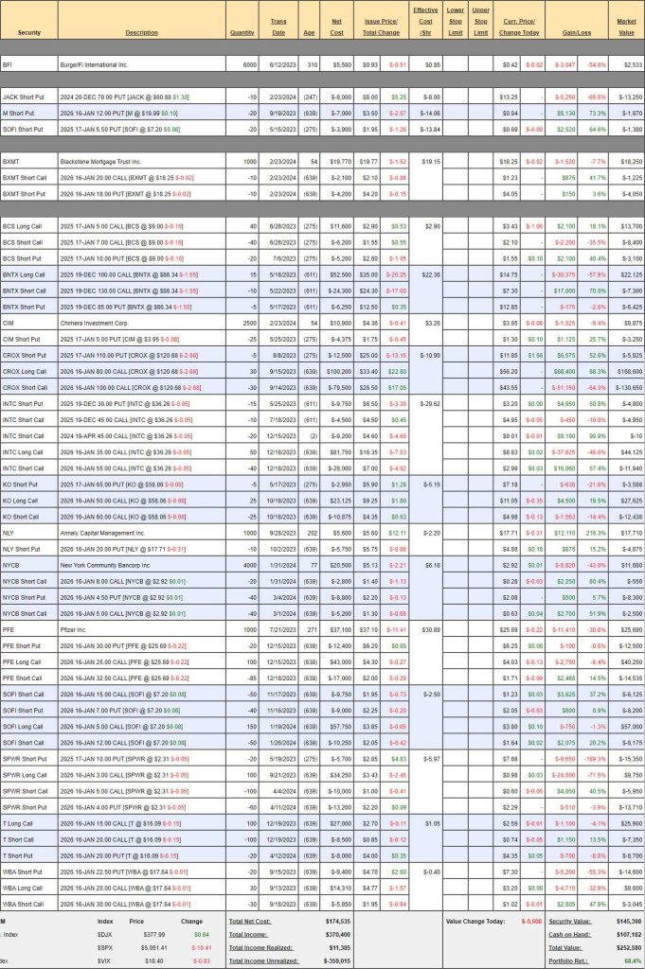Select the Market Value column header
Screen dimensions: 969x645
[x=626, y=27]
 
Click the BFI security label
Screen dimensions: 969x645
[x=9, y=64]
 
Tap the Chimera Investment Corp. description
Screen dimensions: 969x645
[x=110, y=324]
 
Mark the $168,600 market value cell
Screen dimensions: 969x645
[x=627, y=372]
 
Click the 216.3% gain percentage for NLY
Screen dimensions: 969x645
[x=595, y=532]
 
